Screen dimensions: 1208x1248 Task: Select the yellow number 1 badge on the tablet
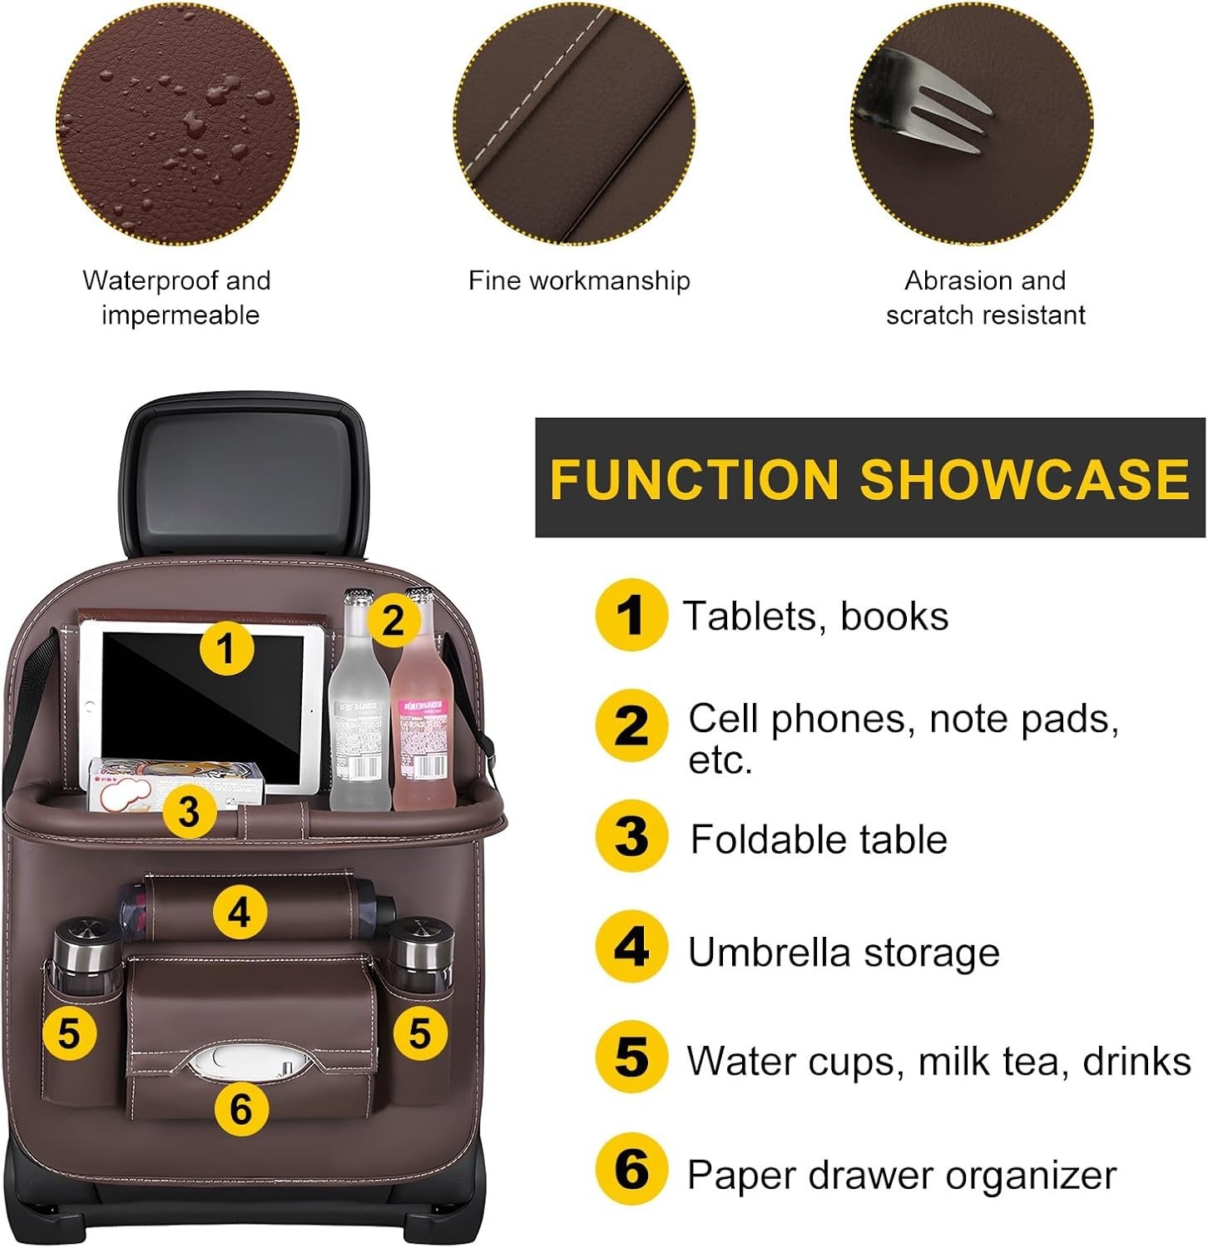coord(226,647)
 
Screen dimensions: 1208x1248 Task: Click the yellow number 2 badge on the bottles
coord(393,620)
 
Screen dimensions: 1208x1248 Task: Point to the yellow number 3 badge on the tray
coord(189,811)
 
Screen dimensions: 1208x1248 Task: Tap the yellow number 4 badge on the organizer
coord(240,912)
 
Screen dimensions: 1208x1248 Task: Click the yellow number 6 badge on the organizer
coord(240,1108)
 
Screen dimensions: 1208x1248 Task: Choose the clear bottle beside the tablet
coord(359,716)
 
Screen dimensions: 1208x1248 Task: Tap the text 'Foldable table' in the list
coord(819,839)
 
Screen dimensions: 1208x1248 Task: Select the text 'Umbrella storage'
coord(843,952)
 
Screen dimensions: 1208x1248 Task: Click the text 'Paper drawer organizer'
coord(901,1175)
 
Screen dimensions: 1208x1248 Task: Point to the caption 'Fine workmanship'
coord(579,280)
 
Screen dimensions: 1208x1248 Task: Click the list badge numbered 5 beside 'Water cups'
coord(631,1057)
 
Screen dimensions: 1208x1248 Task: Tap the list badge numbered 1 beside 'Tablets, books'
coord(631,615)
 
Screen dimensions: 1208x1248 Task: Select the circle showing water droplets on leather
coord(177,125)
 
